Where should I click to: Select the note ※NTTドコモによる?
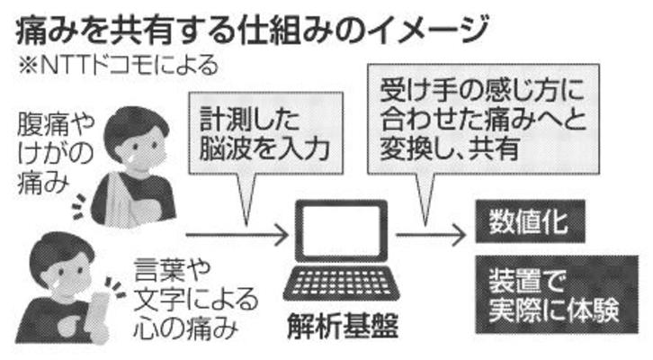point(116,67)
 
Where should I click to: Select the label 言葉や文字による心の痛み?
point(193,297)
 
